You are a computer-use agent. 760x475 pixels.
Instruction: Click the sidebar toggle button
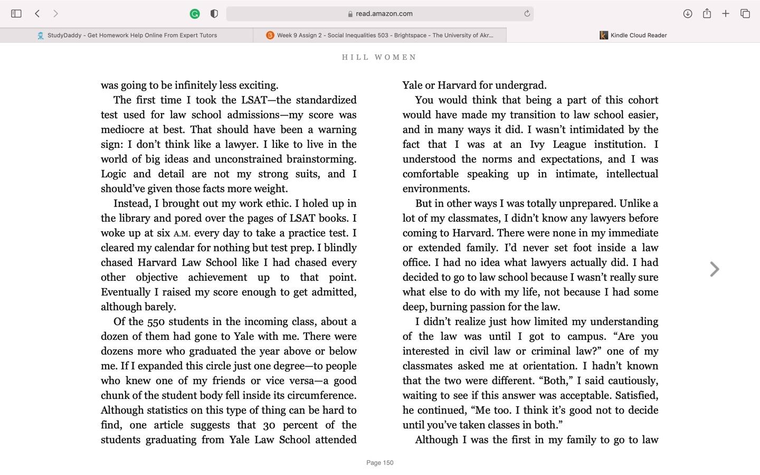pos(16,14)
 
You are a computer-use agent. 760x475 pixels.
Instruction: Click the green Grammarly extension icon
pos(195,14)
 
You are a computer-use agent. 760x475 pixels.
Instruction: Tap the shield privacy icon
pos(214,14)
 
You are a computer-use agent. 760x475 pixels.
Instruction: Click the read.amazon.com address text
pos(384,14)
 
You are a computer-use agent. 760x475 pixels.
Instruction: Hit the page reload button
pos(527,14)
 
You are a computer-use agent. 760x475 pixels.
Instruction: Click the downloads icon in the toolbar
pos(687,14)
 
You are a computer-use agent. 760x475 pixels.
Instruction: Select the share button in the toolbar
pos(707,14)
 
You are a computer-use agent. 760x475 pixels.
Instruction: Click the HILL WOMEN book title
pos(379,57)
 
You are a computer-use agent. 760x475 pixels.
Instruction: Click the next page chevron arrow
pos(715,269)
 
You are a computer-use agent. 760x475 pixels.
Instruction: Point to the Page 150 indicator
pos(380,463)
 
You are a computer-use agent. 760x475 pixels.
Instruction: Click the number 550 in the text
pos(156,322)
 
